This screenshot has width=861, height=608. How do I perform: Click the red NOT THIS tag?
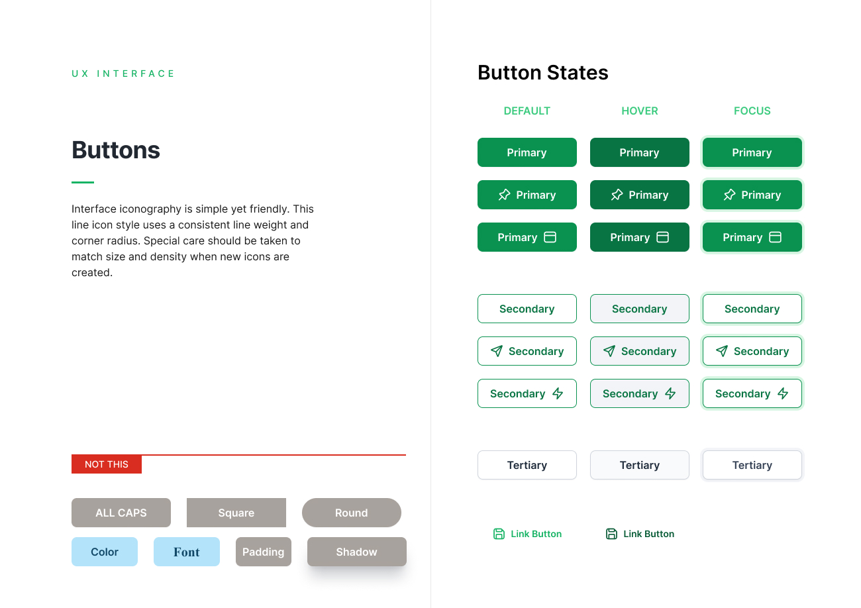(107, 464)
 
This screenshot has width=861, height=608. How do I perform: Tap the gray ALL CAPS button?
(121, 513)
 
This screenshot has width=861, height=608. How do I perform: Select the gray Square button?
(236, 513)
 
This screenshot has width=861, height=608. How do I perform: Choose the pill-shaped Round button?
(351, 513)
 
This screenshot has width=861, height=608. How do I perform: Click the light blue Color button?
(105, 552)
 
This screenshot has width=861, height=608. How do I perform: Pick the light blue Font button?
(187, 552)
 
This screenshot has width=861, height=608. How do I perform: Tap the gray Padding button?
(264, 552)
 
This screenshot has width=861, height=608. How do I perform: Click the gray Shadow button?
(357, 552)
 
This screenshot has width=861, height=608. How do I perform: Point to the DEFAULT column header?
(527, 111)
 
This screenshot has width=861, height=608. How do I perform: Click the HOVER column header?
(640, 111)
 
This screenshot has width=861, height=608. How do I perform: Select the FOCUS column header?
(752, 111)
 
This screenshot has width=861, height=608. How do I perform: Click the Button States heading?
(542, 73)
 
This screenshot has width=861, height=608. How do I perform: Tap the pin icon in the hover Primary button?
(617, 195)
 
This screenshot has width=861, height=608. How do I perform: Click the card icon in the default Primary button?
(550, 237)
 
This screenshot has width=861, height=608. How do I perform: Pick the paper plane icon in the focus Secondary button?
(722, 351)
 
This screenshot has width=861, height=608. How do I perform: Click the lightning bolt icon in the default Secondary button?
(558, 393)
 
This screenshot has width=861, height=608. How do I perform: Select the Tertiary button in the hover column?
(640, 465)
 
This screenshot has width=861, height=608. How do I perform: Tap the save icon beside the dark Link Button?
(611, 534)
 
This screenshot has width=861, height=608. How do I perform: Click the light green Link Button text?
(536, 534)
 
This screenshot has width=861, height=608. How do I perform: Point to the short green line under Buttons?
(83, 182)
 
